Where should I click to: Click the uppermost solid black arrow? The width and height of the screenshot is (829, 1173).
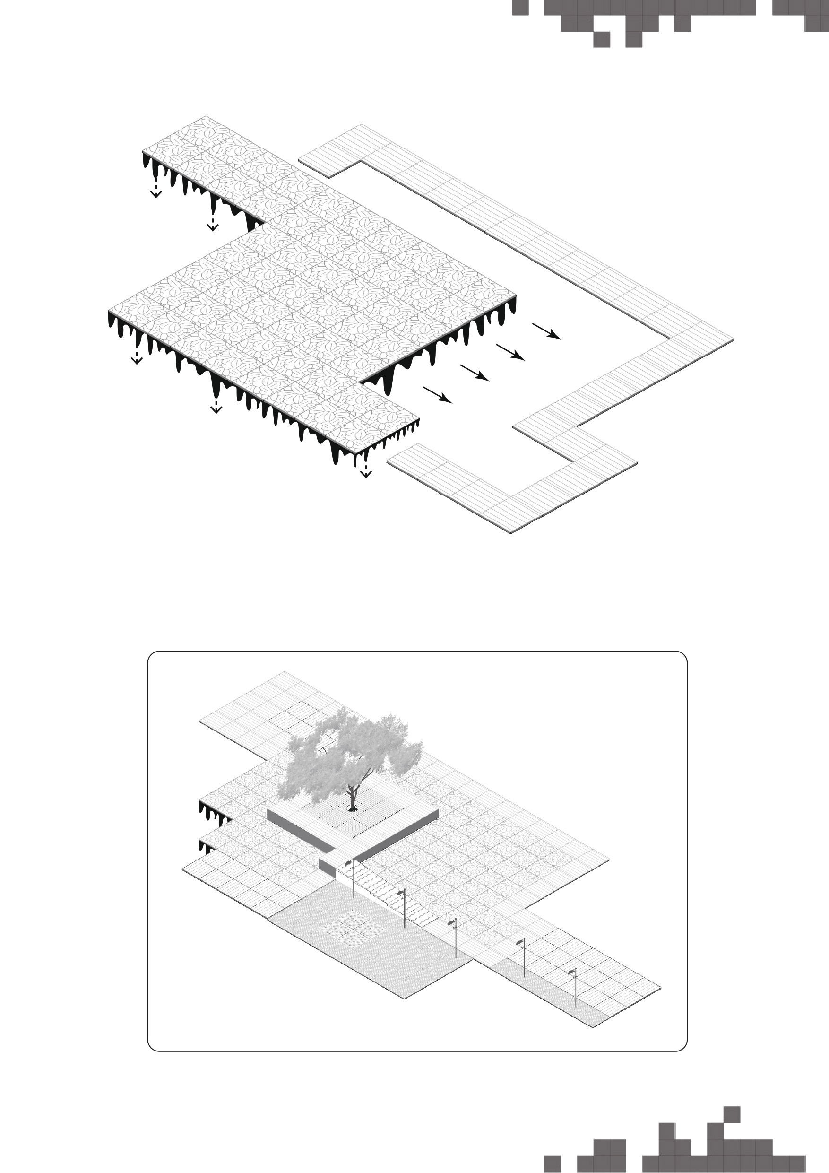(546, 331)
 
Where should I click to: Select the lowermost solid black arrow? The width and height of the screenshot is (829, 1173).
(438, 395)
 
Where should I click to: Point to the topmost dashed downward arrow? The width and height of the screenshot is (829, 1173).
(156, 187)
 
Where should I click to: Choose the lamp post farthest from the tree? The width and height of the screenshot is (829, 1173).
(575, 989)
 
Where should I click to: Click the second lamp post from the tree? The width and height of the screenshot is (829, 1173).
(404, 909)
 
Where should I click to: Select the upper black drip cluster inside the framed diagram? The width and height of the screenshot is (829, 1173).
(215, 812)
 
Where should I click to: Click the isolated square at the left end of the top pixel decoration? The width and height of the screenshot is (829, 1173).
(520, 7)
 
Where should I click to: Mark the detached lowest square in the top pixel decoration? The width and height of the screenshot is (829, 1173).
(602, 39)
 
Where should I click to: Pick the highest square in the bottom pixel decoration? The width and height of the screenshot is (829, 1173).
(732, 1114)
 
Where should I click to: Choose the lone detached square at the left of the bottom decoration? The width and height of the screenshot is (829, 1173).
(553, 1163)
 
